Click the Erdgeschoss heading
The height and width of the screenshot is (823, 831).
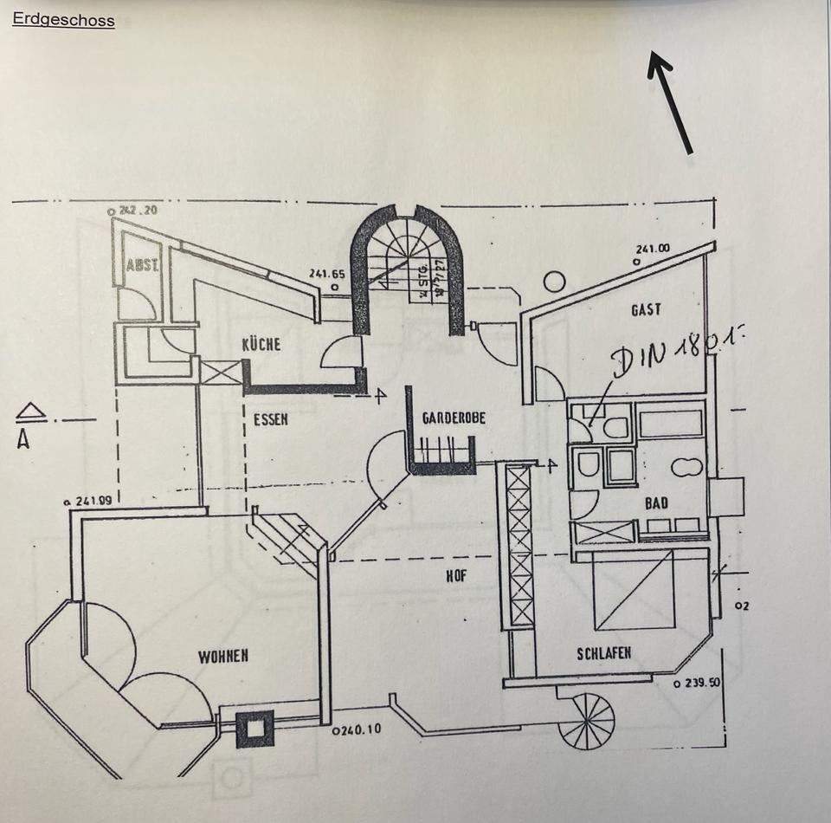tap(63, 20)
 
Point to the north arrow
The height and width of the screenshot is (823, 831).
tap(671, 101)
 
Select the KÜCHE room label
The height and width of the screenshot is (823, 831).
tap(262, 344)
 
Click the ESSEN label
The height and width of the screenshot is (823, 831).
tap(270, 420)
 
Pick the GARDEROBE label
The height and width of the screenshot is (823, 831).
tap(454, 418)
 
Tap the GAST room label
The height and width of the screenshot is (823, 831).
tap(646, 309)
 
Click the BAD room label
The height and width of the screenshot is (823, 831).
tap(655, 502)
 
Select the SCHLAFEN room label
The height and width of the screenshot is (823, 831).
tap(603, 654)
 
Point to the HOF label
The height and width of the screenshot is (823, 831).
tap(456, 574)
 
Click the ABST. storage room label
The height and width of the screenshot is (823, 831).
tap(142, 265)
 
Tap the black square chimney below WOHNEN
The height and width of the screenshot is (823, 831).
tap(255, 729)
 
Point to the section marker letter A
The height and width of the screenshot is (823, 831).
tap(23, 439)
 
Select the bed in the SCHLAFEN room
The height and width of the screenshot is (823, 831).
tap(634, 591)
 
